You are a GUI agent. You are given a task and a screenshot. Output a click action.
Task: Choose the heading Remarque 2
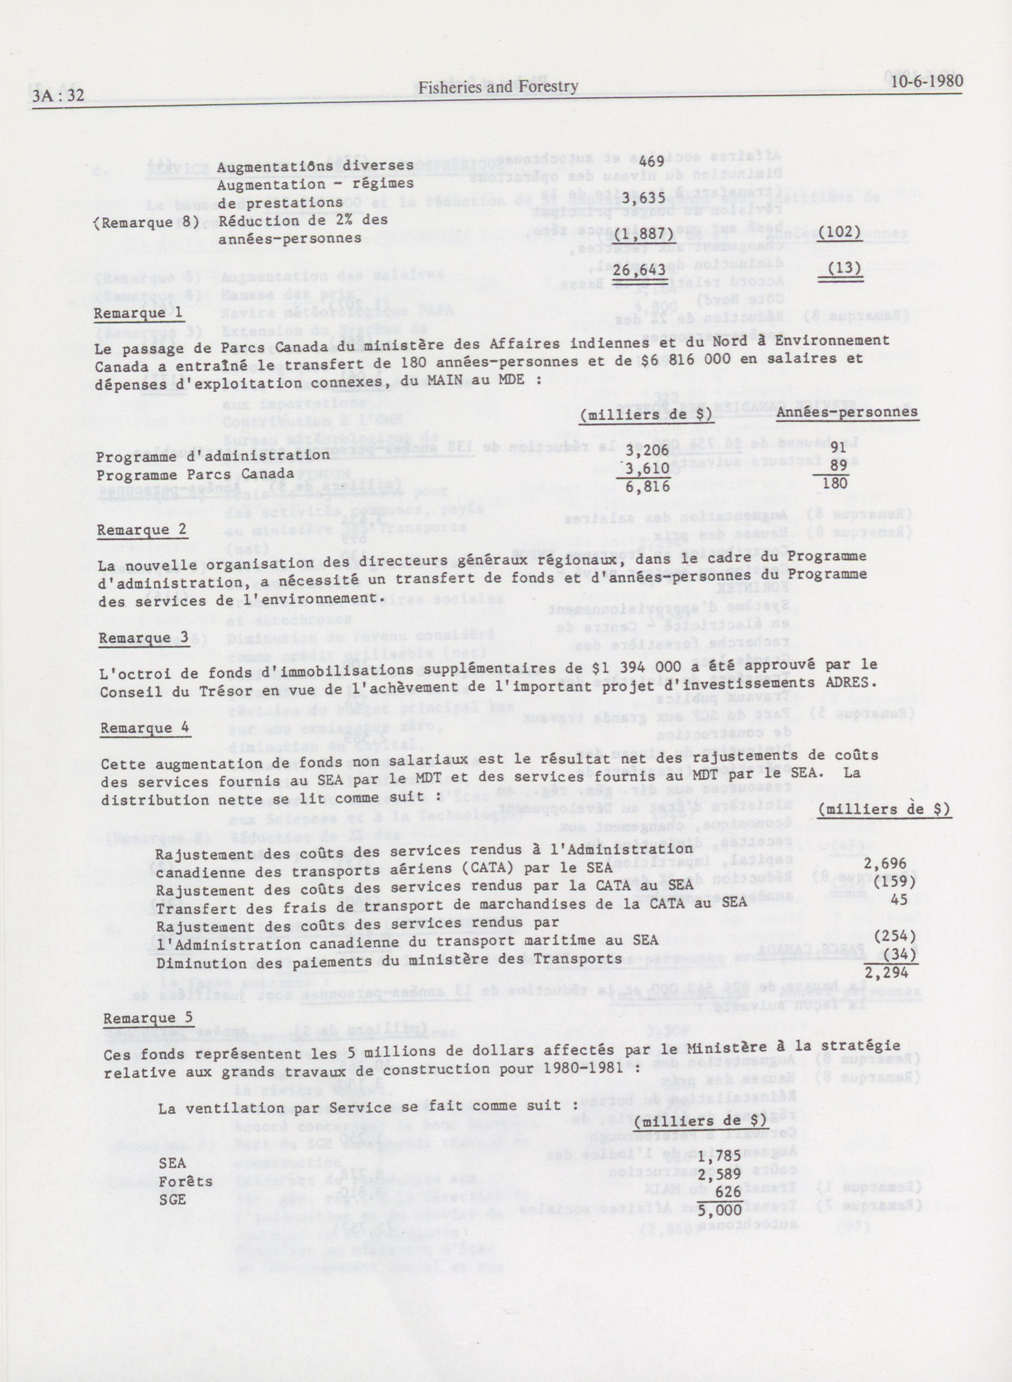(x=142, y=529)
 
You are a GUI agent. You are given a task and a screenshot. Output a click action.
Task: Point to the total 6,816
(x=647, y=486)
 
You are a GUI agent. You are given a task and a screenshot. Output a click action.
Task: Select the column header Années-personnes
(x=848, y=412)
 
